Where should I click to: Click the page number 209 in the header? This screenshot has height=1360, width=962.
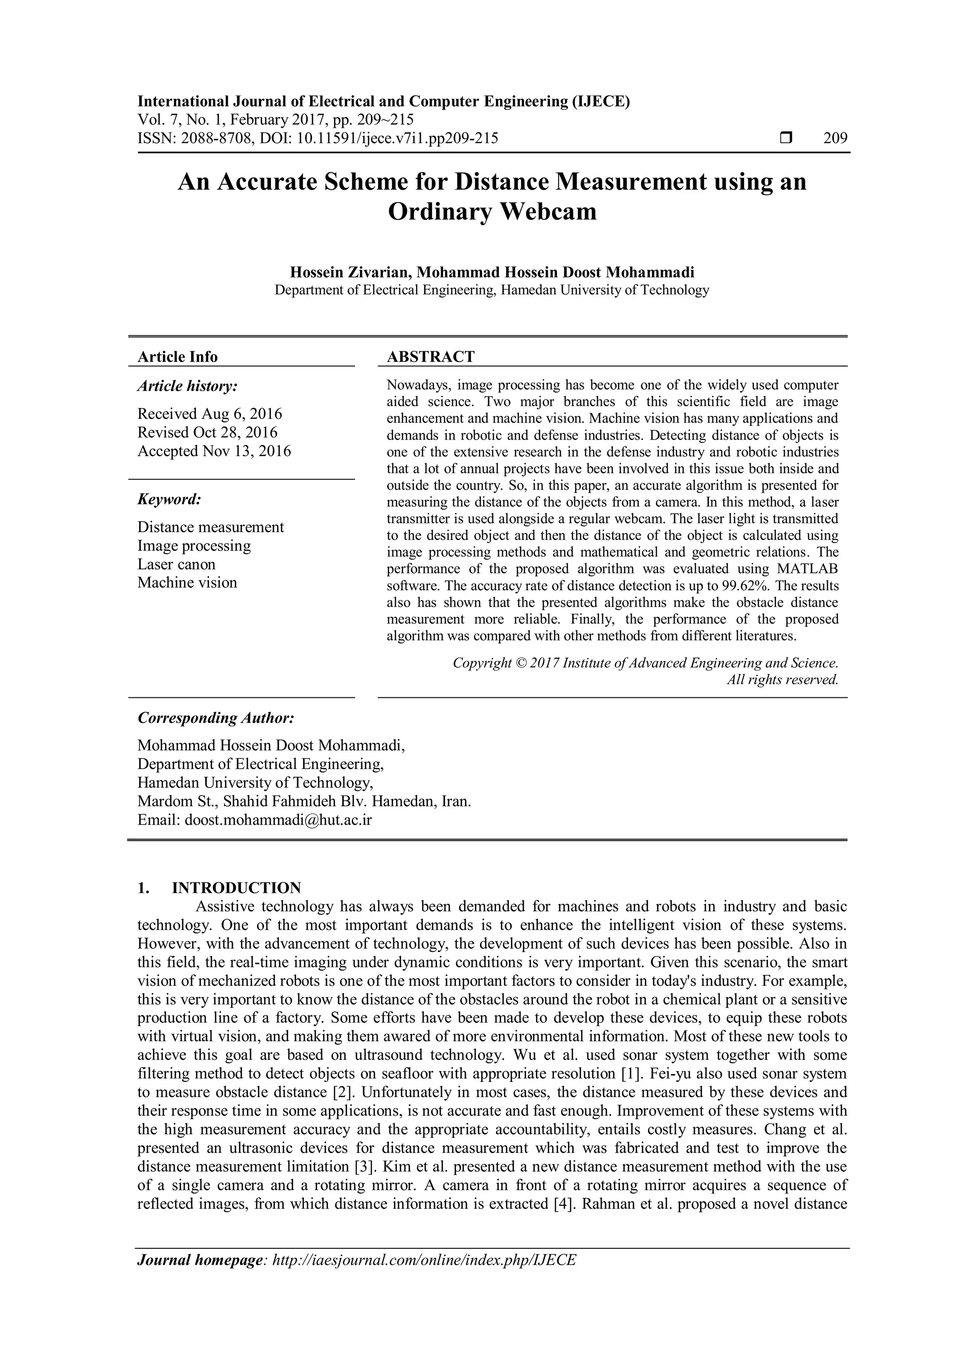[835, 139]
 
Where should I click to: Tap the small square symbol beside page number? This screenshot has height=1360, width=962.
[786, 139]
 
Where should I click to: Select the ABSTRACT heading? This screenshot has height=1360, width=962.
[430, 356]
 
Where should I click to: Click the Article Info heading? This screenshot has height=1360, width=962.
[177, 356]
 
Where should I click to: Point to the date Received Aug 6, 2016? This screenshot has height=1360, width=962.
[209, 413]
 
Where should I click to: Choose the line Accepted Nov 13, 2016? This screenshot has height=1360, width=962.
[214, 451]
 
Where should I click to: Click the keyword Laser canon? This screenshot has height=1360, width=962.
[176, 564]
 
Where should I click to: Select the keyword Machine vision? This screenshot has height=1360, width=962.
[187, 583]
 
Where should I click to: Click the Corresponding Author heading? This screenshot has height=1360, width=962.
[216, 718]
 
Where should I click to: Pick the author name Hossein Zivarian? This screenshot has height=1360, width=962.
[349, 272]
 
